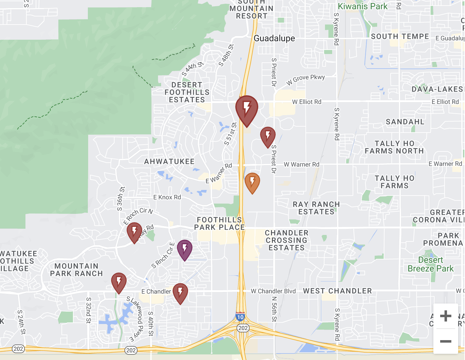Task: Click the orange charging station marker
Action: [252, 182]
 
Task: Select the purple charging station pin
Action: [185, 249]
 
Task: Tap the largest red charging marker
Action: [247, 109]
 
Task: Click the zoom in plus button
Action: [445, 316]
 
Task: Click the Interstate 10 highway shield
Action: [240, 317]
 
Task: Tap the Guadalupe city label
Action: [274, 38]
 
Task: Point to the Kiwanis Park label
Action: [362, 6]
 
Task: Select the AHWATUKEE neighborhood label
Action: [169, 161]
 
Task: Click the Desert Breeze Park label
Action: [431, 264]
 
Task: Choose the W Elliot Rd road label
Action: [307, 102]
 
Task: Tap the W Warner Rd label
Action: [301, 164]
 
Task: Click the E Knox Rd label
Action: [167, 197]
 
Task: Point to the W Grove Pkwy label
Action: [305, 79]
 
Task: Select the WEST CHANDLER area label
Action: [337, 291]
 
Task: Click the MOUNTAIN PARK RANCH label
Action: [76, 270]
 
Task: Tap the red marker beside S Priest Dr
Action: [268, 136]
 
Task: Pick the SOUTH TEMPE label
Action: [400, 36]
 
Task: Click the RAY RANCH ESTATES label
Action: [316, 208]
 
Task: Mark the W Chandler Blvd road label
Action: [273, 291]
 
